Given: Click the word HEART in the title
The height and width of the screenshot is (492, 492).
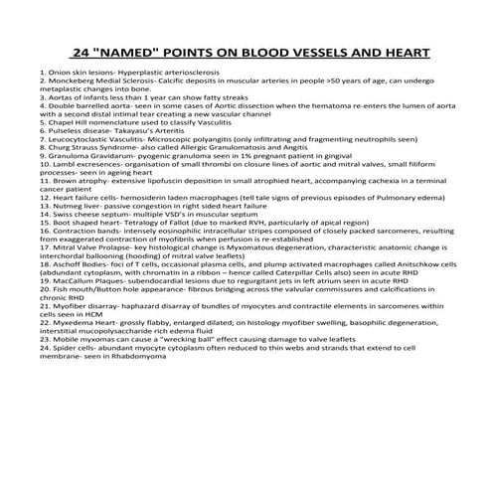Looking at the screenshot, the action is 385,53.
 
